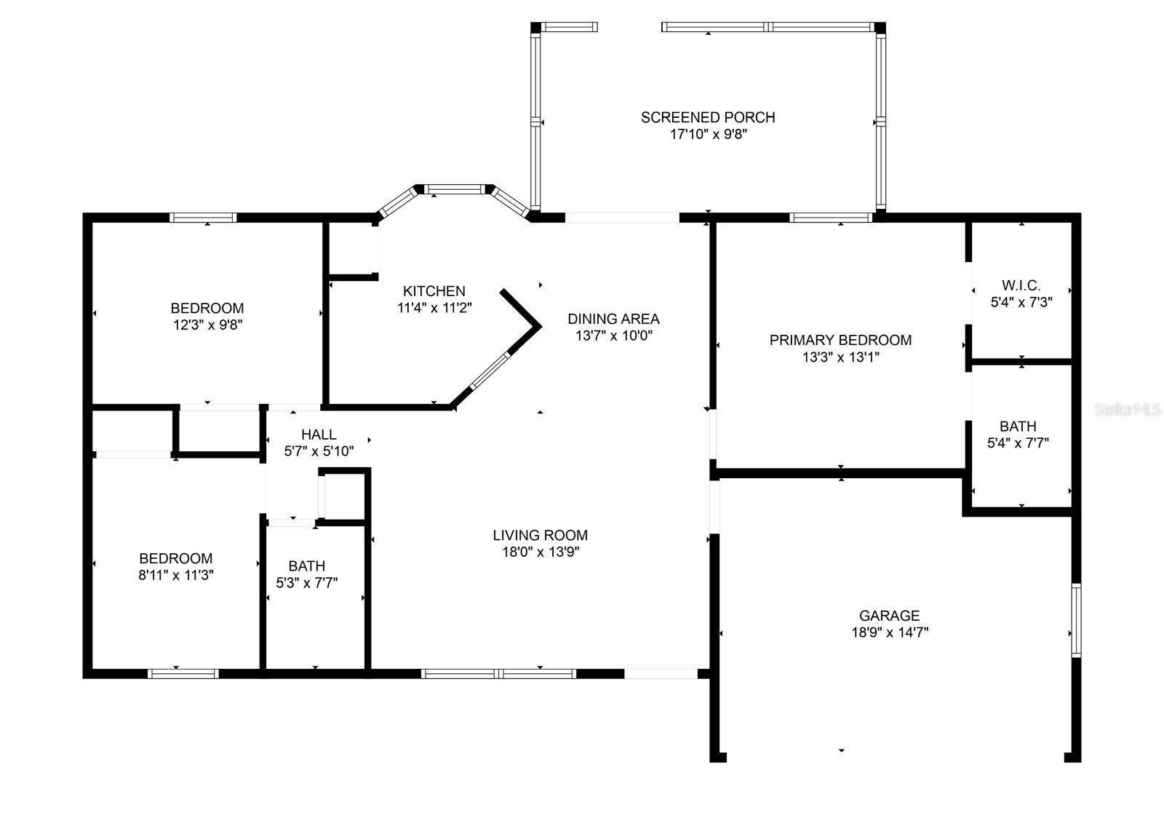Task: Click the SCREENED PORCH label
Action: (708, 117)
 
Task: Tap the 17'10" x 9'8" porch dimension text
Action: (709, 135)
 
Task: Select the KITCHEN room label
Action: (434, 291)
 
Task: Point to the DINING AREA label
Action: (613, 319)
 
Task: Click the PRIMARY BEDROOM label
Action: (840, 341)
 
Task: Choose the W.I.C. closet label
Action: (1021, 285)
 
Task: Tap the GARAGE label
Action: (889, 616)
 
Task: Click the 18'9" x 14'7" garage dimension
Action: (890, 632)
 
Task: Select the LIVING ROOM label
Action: (541, 536)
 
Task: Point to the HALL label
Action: (319, 434)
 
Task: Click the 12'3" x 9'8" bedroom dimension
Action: (208, 325)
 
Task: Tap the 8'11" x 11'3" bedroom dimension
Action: (175, 576)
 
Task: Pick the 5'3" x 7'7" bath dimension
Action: (306, 583)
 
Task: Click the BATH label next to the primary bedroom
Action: (1018, 426)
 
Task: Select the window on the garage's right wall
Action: (1076, 621)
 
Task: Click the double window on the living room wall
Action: (499, 674)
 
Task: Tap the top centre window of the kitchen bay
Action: (454, 189)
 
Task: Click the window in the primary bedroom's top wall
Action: (831, 218)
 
